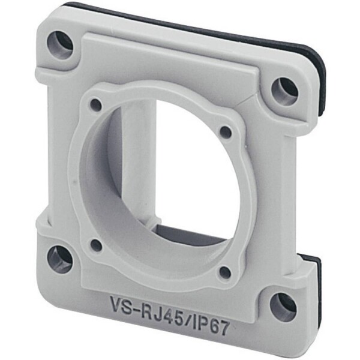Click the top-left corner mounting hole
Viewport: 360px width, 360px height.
[59, 44]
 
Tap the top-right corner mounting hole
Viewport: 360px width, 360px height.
[284, 91]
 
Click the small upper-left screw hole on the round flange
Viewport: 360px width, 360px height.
[96, 106]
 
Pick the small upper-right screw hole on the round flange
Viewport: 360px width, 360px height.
[226, 131]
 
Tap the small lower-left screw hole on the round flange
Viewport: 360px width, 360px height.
[97, 245]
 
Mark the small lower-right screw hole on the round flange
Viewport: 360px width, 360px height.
[225, 272]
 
